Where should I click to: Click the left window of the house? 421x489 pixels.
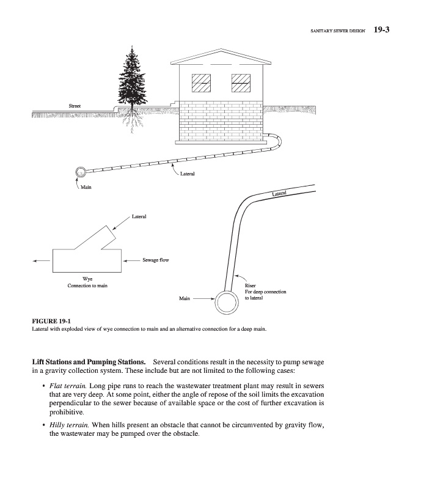pyautogui.click(x=201, y=82)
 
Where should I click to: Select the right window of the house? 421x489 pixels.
pyautogui.click(x=241, y=82)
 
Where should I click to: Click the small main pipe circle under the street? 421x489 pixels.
pyautogui.click(x=81, y=173)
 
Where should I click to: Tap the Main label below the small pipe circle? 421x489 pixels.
pyautogui.click(x=87, y=187)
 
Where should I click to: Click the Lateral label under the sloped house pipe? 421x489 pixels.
pyautogui.click(x=188, y=174)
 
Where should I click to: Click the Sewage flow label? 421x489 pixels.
pyautogui.click(x=155, y=260)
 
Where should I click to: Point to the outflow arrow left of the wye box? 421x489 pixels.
pyautogui.click(x=43, y=260)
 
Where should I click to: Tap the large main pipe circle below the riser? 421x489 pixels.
pyautogui.click(x=227, y=301)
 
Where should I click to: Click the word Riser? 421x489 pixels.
pyautogui.click(x=251, y=285)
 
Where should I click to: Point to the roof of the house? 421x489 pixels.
pyautogui.click(x=221, y=57)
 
